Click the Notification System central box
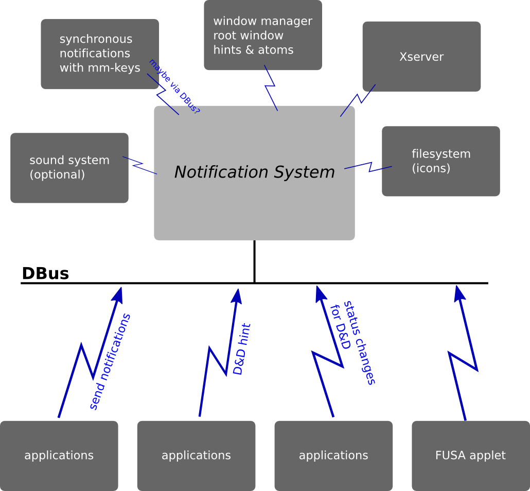254,206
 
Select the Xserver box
421,57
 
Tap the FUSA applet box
470,455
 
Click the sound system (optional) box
69,168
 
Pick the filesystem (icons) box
441,161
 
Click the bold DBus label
45,273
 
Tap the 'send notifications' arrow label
110,362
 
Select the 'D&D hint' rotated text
242,349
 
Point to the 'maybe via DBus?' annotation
174,86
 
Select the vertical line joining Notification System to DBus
254,261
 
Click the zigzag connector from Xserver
358,99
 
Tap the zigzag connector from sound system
139,164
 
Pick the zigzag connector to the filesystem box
369,166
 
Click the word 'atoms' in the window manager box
276,50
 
